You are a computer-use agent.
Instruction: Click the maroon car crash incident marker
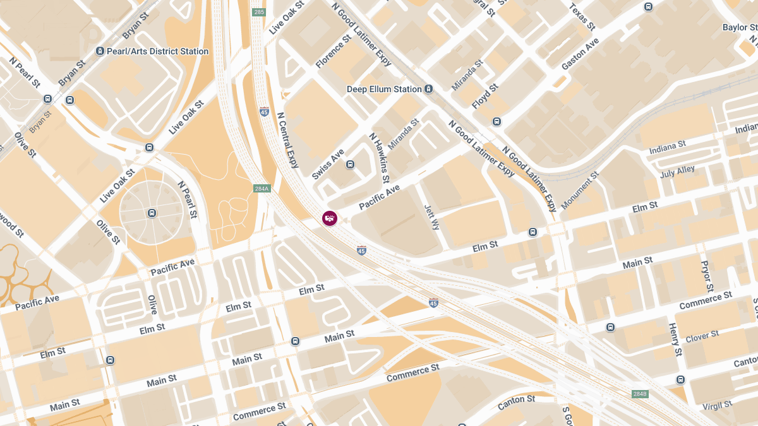click(x=330, y=218)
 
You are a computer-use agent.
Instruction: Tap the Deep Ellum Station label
click(x=384, y=90)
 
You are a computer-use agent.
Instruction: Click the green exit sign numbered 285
click(x=259, y=12)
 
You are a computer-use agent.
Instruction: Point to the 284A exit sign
click(x=262, y=189)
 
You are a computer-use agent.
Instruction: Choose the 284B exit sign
click(x=640, y=394)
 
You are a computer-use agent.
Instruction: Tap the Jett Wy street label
click(x=433, y=216)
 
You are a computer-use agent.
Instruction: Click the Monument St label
click(x=580, y=190)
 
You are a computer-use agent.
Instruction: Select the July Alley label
click(x=677, y=172)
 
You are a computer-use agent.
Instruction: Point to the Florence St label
click(x=334, y=52)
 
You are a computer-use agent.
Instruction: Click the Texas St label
click(x=582, y=17)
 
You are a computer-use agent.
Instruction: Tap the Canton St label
click(x=516, y=400)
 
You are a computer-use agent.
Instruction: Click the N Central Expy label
click(x=287, y=141)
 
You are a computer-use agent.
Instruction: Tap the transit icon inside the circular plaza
click(x=152, y=213)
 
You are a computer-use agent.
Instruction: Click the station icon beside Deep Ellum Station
click(x=429, y=89)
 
